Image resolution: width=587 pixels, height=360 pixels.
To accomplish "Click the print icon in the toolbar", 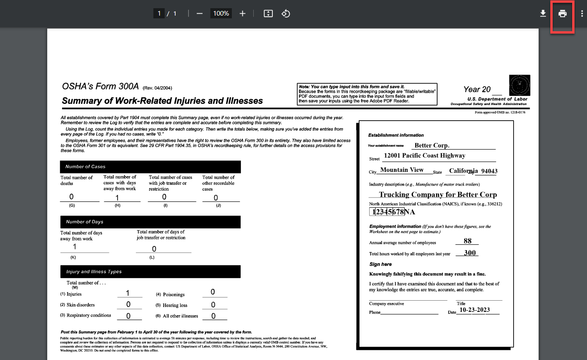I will [562, 14].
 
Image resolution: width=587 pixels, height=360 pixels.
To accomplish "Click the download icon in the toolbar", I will [543, 14].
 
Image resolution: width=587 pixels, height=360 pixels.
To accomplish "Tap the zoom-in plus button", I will [242, 14].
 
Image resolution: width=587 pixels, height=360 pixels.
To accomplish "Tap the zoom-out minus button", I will [199, 14].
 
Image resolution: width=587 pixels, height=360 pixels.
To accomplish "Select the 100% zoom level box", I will [221, 14].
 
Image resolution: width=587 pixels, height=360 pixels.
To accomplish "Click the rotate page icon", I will [286, 14].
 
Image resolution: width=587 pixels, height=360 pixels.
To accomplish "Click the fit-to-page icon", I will [268, 14].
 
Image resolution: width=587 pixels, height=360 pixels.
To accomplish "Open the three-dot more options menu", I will [582, 14].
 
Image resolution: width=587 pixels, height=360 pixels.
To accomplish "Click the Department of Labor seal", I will [519, 85].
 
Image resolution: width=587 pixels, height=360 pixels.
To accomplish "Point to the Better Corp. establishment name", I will [432, 145].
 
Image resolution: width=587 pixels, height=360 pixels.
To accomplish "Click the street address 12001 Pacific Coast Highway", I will [425, 155].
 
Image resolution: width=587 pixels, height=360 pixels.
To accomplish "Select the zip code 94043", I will [489, 171].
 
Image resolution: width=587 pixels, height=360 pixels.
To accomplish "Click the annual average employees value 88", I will [468, 241].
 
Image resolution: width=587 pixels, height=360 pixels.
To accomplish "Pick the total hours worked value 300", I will [470, 253].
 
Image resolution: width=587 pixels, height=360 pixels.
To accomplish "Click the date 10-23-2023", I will [475, 310].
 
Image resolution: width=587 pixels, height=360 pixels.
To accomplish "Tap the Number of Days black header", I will [150, 222].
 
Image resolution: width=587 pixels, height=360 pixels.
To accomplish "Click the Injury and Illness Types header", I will [150, 272].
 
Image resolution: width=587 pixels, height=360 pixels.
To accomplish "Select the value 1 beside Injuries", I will [128, 293].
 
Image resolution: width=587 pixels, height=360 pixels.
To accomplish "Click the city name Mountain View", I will [402, 170].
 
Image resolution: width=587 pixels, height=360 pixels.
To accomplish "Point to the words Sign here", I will [381, 264].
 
